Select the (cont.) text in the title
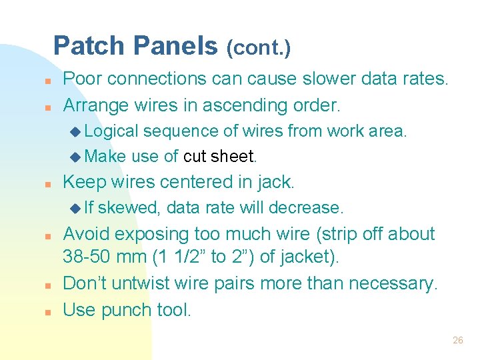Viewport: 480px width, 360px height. [x=258, y=48]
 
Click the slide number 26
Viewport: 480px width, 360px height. [x=457, y=340]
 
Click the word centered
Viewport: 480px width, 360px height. [x=197, y=181]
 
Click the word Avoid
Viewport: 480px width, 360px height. [x=85, y=234]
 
